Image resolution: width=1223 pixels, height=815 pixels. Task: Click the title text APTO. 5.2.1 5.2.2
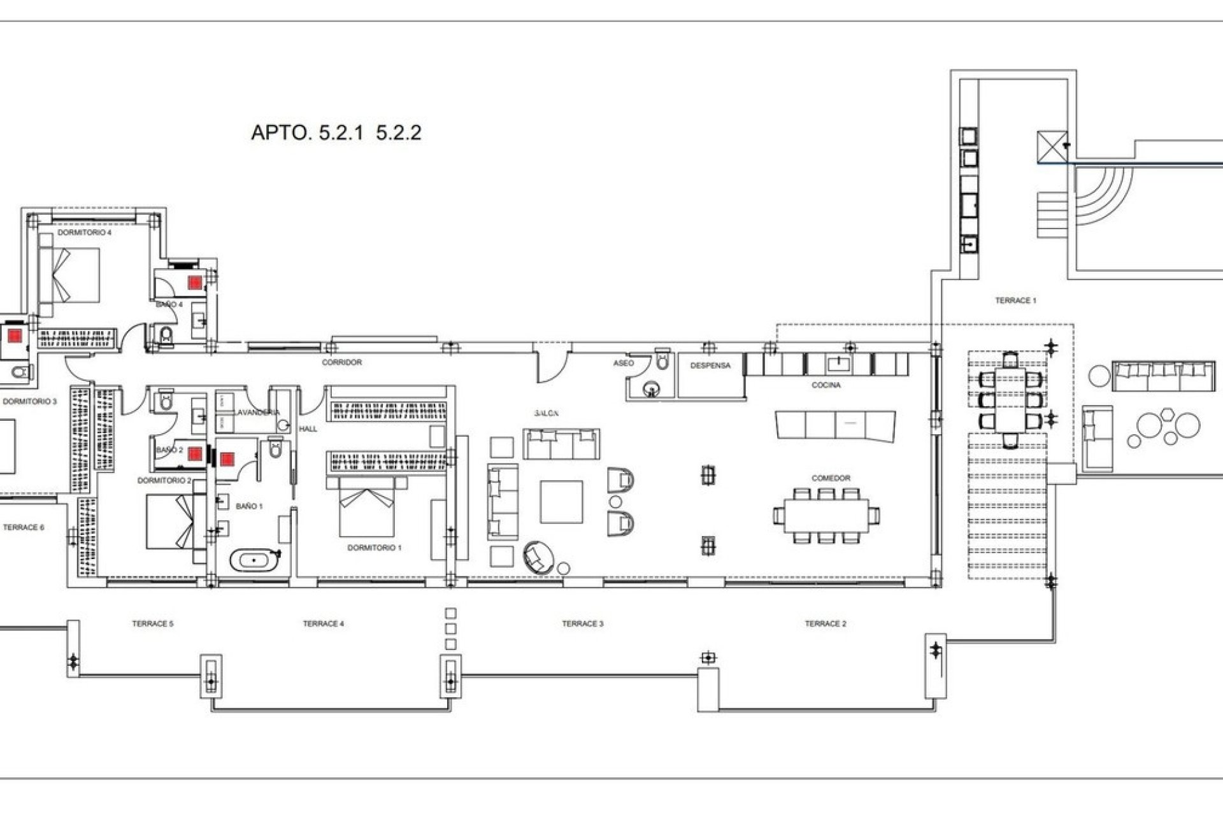[336, 132]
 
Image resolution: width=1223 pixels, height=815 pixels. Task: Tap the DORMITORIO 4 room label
[84, 233]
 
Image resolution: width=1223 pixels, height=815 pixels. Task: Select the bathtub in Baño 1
[255, 560]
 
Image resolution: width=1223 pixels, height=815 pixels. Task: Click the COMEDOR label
[831, 478]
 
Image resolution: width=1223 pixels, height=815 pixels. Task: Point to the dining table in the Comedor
[826, 516]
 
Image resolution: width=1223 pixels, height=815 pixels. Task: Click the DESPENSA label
[710, 366]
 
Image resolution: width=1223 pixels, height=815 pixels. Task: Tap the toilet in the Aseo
[662, 360]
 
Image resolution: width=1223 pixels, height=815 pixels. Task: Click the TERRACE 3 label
[582, 624]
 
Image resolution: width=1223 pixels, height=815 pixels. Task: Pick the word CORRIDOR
[341, 363]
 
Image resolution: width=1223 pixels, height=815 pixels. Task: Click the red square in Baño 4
[194, 281]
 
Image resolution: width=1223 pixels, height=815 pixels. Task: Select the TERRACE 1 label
[1015, 301]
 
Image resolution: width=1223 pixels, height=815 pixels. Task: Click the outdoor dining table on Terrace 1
[1010, 400]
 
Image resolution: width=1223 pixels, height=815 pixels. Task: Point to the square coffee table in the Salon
[561, 502]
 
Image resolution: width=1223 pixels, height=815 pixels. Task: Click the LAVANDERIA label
[257, 413]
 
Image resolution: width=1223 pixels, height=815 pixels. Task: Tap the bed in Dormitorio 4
[70, 275]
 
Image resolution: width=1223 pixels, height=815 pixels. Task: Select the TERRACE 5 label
[152, 624]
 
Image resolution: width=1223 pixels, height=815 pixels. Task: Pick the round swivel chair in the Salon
[538, 557]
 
